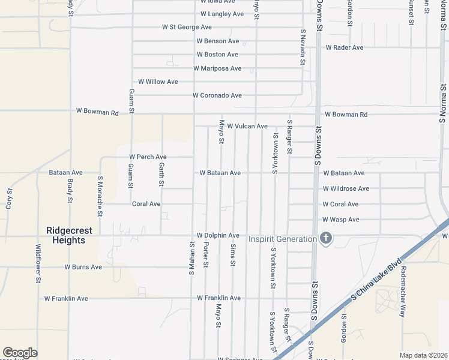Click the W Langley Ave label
[x=222, y=13]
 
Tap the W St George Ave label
[x=187, y=27]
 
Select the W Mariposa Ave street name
[x=217, y=68]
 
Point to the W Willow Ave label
[x=158, y=82]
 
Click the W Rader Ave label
[x=345, y=47]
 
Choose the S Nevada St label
[x=303, y=49]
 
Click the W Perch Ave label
[x=148, y=157]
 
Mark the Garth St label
[x=162, y=170]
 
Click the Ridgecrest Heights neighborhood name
[x=66, y=235]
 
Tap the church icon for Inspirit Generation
[x=326, y=239]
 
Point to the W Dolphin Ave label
[x=218, y=236]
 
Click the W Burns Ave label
[x=83, y=267]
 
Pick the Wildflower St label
[x=38, y=263]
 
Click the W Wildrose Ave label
[x=346, y=188]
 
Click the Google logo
[x=20, y=353]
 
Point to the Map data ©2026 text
[x=423, y=355]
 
